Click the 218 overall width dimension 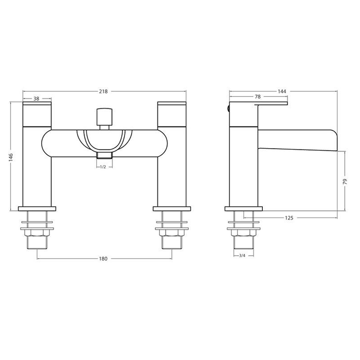tap(103, 92)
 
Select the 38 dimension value tap(37, 99)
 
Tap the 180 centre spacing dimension tap(103, 259)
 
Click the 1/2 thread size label tap(103, 167)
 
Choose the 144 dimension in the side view tap(282, 92)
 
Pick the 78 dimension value tap(258, 97)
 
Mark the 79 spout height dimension tap(345, 182)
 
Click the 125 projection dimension tap(289, 218)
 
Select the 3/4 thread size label tap(242, 256)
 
